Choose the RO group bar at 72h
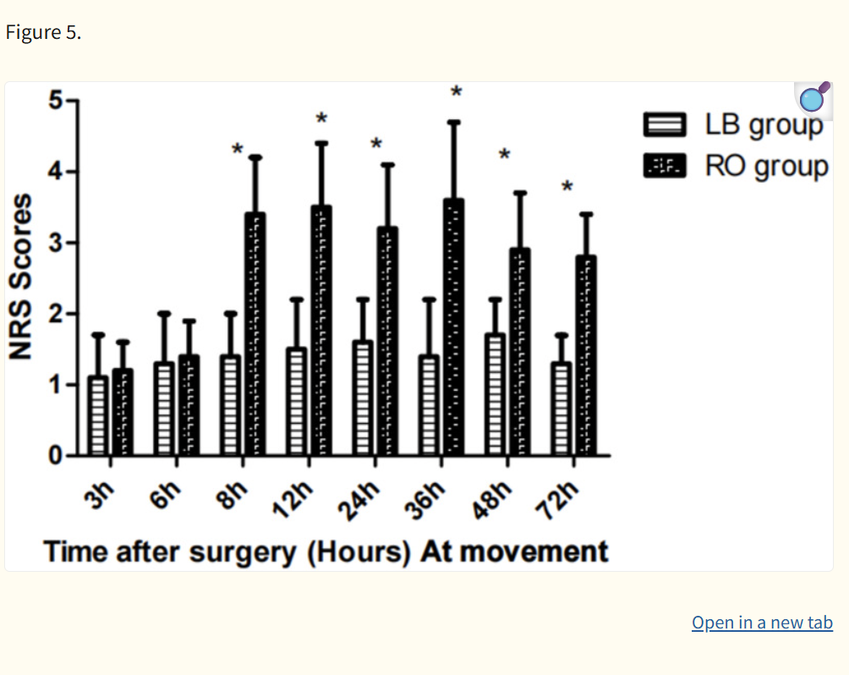point(585,356)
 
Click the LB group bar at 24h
point(363,398)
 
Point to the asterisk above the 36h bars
point(457,91)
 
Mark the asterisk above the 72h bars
point(567,186)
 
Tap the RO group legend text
point(766,166)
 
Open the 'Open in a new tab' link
point(762,623)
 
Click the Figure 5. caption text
point(43,33)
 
